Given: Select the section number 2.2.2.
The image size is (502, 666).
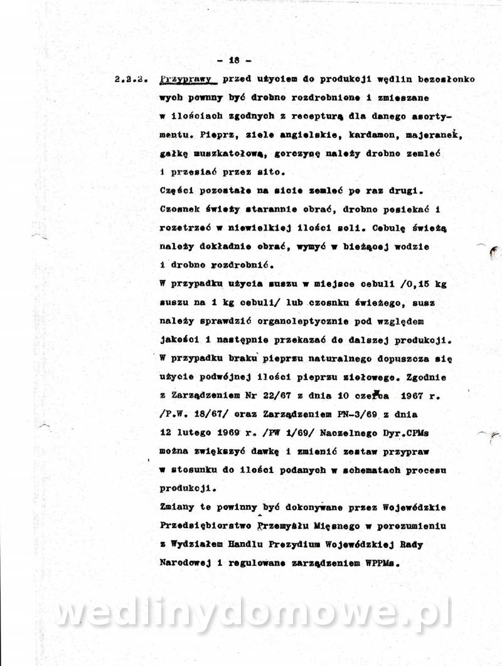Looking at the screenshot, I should pyautogui.click(x=131, y=81).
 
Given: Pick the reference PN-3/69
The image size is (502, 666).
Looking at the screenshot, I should pyautogui.click(x=343, y=414).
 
